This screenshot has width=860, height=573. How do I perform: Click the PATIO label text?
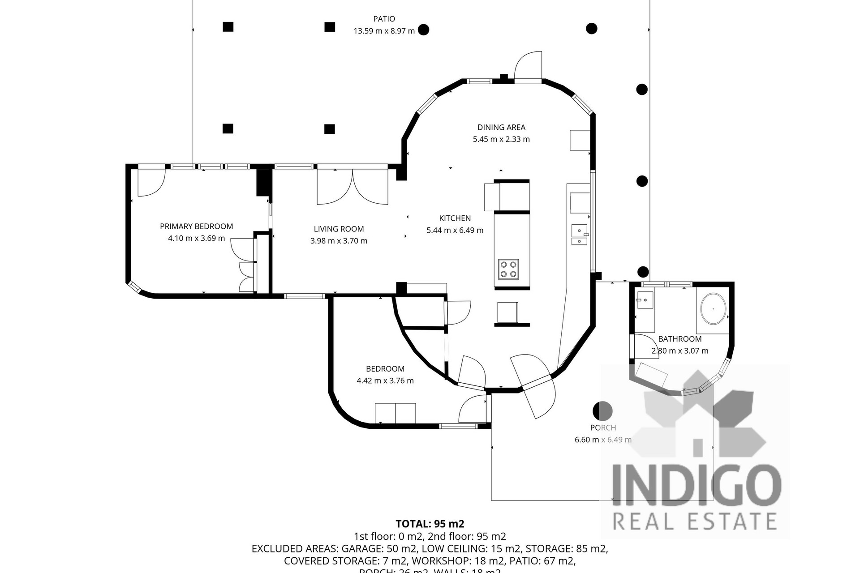(x=384, y=19)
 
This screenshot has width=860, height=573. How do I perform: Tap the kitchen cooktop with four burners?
(x=508, y=269)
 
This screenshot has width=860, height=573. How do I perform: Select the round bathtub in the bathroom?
(x=713, y=309)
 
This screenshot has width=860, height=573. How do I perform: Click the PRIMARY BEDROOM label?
(x=196, y=227)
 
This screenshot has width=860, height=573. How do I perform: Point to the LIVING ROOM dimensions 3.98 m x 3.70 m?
(x=339, y=241)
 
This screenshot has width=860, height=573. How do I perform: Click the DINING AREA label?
(x=501, y=128)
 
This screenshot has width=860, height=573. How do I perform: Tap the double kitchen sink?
(x=579, y=235)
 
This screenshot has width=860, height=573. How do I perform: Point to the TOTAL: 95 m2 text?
(x=430, y=524)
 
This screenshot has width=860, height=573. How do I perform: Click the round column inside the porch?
(x=602, y=410)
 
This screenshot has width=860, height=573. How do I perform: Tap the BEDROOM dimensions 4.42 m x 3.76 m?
(x=385, y=381)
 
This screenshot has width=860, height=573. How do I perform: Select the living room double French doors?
(x=353, y=187)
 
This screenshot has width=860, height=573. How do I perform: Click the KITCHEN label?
(x=455, y=218)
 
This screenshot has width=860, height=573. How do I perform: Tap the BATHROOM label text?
(x=679, y=339)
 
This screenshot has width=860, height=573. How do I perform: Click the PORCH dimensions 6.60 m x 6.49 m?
(x=603, y=440)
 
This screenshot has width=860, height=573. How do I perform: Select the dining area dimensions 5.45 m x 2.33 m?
(x=501, y=139)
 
